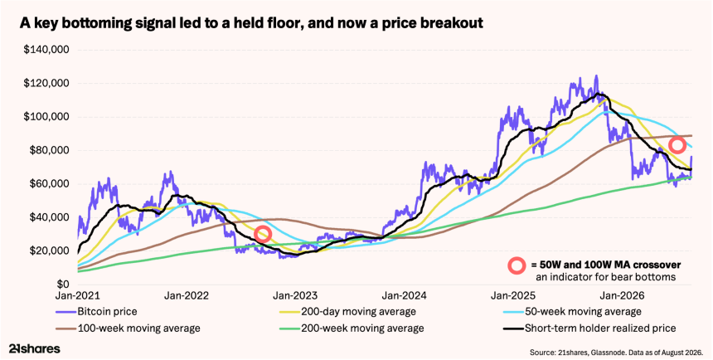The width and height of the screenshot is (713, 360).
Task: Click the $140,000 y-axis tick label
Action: (x=46, y=50)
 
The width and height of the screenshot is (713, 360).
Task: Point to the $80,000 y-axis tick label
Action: (x=48, y=151)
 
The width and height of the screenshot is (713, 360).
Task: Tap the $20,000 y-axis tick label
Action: (x=48, y=251)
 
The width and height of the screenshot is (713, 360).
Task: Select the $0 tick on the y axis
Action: (x=62, y=285)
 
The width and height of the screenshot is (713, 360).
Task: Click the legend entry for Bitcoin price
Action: (x=96, y=312)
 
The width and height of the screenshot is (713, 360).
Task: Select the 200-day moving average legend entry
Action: (x=347, y=312)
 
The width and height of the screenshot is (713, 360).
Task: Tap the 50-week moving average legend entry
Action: (x=571, y=312)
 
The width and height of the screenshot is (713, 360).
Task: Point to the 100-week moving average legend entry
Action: (x=128, y=328)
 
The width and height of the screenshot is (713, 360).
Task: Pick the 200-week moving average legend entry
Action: (x=351, y=328)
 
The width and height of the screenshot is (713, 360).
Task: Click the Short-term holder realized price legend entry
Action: (x=589, y=328)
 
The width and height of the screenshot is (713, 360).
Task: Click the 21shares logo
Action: (x=35, y=349)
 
